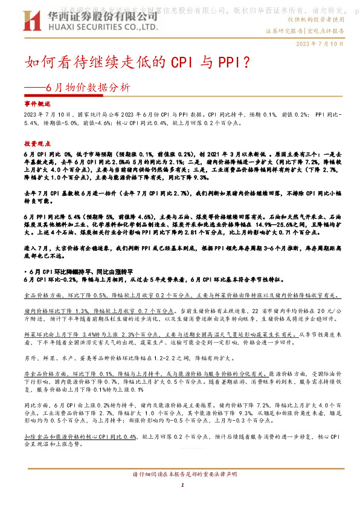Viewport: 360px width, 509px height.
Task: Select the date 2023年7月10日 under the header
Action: pyautogui.click(x=320, y=44)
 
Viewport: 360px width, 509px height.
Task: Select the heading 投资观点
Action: pyautogui.click(x=37, y=144)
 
